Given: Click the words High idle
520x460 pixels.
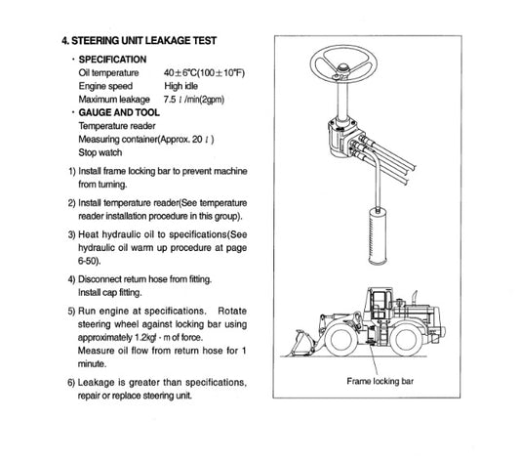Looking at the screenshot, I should [183, 86].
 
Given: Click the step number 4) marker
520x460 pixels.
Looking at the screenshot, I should [72, 277].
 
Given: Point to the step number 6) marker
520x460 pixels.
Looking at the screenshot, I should [72, 382].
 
